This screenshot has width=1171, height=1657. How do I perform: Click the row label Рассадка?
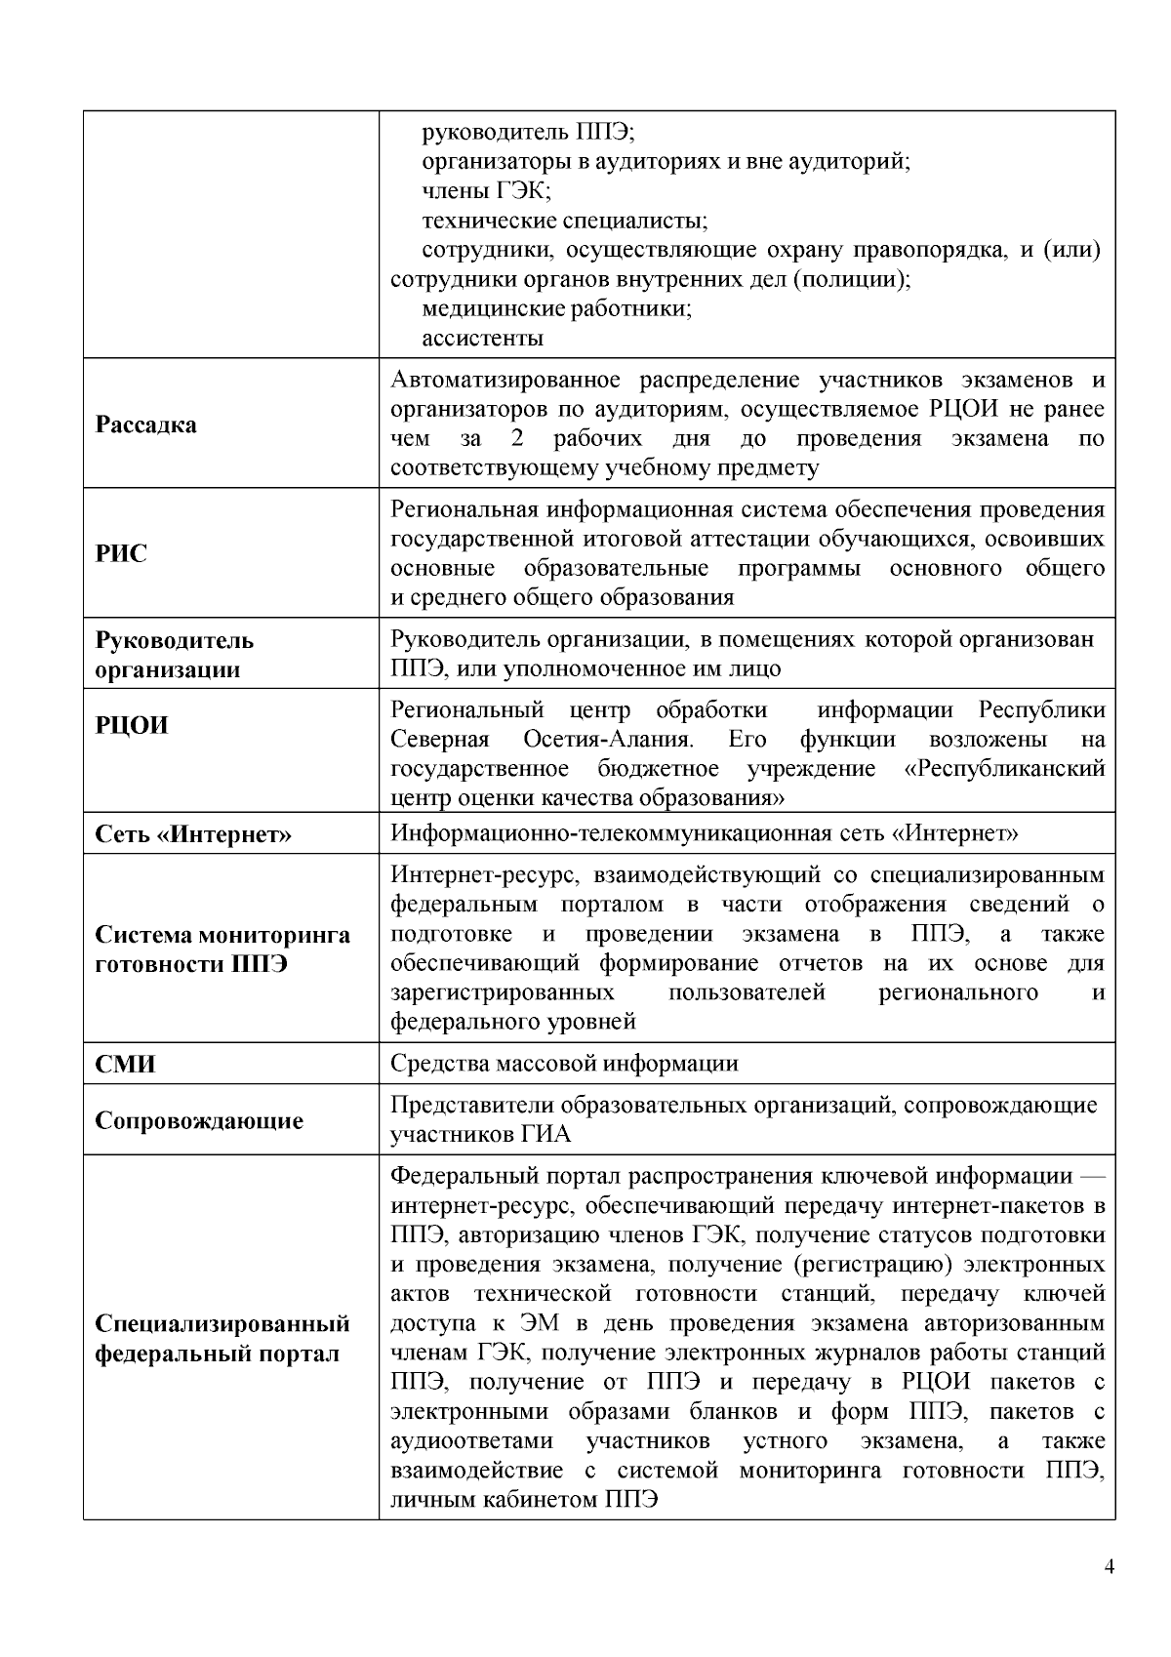(x=145, y=424)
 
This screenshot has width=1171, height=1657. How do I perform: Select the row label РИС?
(x=121, y=553)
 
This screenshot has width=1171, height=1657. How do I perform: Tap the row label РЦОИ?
(x=132, y=725)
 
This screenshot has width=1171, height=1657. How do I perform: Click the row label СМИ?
(x=125, y=1064)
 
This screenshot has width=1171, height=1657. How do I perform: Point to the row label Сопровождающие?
(x=199, y=1120)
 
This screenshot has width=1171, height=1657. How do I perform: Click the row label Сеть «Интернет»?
(x=193, y=834)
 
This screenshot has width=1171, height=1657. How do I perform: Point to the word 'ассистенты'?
(x=482, y=339)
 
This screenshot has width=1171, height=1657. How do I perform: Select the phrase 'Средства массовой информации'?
(x=564, y=1064)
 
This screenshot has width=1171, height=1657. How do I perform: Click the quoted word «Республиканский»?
(x=1005, y=768)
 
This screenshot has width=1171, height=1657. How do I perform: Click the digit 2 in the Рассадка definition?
(x=517, y=438)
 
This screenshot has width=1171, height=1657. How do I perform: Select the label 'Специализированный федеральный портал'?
(x=222, y=1339)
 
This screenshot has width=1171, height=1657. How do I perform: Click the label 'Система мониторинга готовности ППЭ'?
(x=222, y=950)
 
